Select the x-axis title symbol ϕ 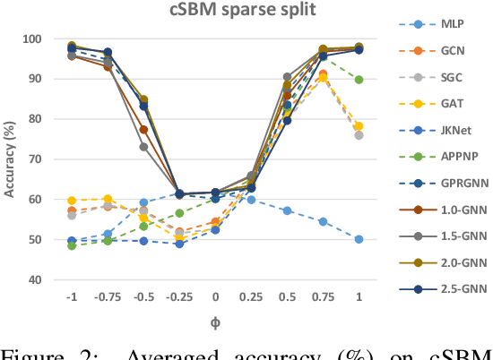point(214,320)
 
